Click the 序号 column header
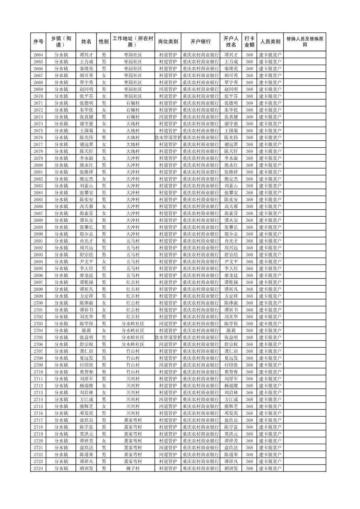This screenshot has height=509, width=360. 38,42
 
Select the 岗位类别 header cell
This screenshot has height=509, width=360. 168,42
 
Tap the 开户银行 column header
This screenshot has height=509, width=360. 200,42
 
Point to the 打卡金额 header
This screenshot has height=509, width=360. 249,42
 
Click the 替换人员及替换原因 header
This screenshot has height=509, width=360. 304,42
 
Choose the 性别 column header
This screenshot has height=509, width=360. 104,42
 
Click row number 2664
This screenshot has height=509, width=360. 38,55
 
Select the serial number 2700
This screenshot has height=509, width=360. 38,303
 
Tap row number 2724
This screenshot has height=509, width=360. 38,468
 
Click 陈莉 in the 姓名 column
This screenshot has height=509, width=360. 86,331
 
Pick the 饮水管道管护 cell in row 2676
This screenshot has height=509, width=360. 168,138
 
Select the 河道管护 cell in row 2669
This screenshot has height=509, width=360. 168,89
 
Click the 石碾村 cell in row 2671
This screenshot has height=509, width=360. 133,103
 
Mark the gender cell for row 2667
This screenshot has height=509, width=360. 104,76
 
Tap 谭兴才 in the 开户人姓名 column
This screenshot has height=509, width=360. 231,55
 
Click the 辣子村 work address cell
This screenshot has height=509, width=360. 133,468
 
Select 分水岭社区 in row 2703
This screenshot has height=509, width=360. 133,324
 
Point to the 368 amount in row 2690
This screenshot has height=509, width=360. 249,234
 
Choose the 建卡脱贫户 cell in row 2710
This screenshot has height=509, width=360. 270,372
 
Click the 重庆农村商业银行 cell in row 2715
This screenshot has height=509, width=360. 200,407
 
